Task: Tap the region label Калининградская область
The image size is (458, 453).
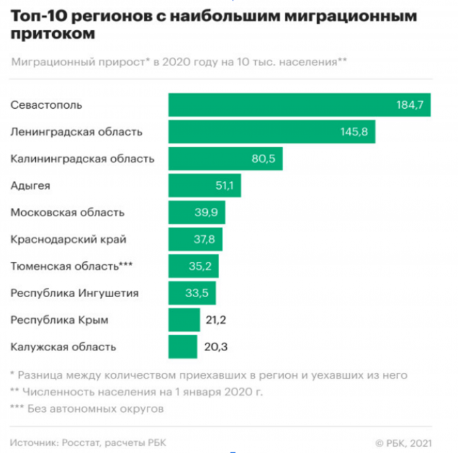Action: (x=82, y=159)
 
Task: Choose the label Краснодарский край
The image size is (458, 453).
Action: (x=68, y=239)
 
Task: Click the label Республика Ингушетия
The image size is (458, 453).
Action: (x=74, y=293)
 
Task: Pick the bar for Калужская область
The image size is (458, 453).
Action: (x=183, y=346)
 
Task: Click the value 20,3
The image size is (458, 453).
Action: (x=215, y=346)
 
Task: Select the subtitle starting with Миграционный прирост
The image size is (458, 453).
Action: (x=180, y=62)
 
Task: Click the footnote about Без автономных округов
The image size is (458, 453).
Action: (x=87, y=408)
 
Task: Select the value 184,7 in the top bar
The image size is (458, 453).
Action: (x=410, y=105)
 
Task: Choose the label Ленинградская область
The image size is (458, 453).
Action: (x=77, y=131)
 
